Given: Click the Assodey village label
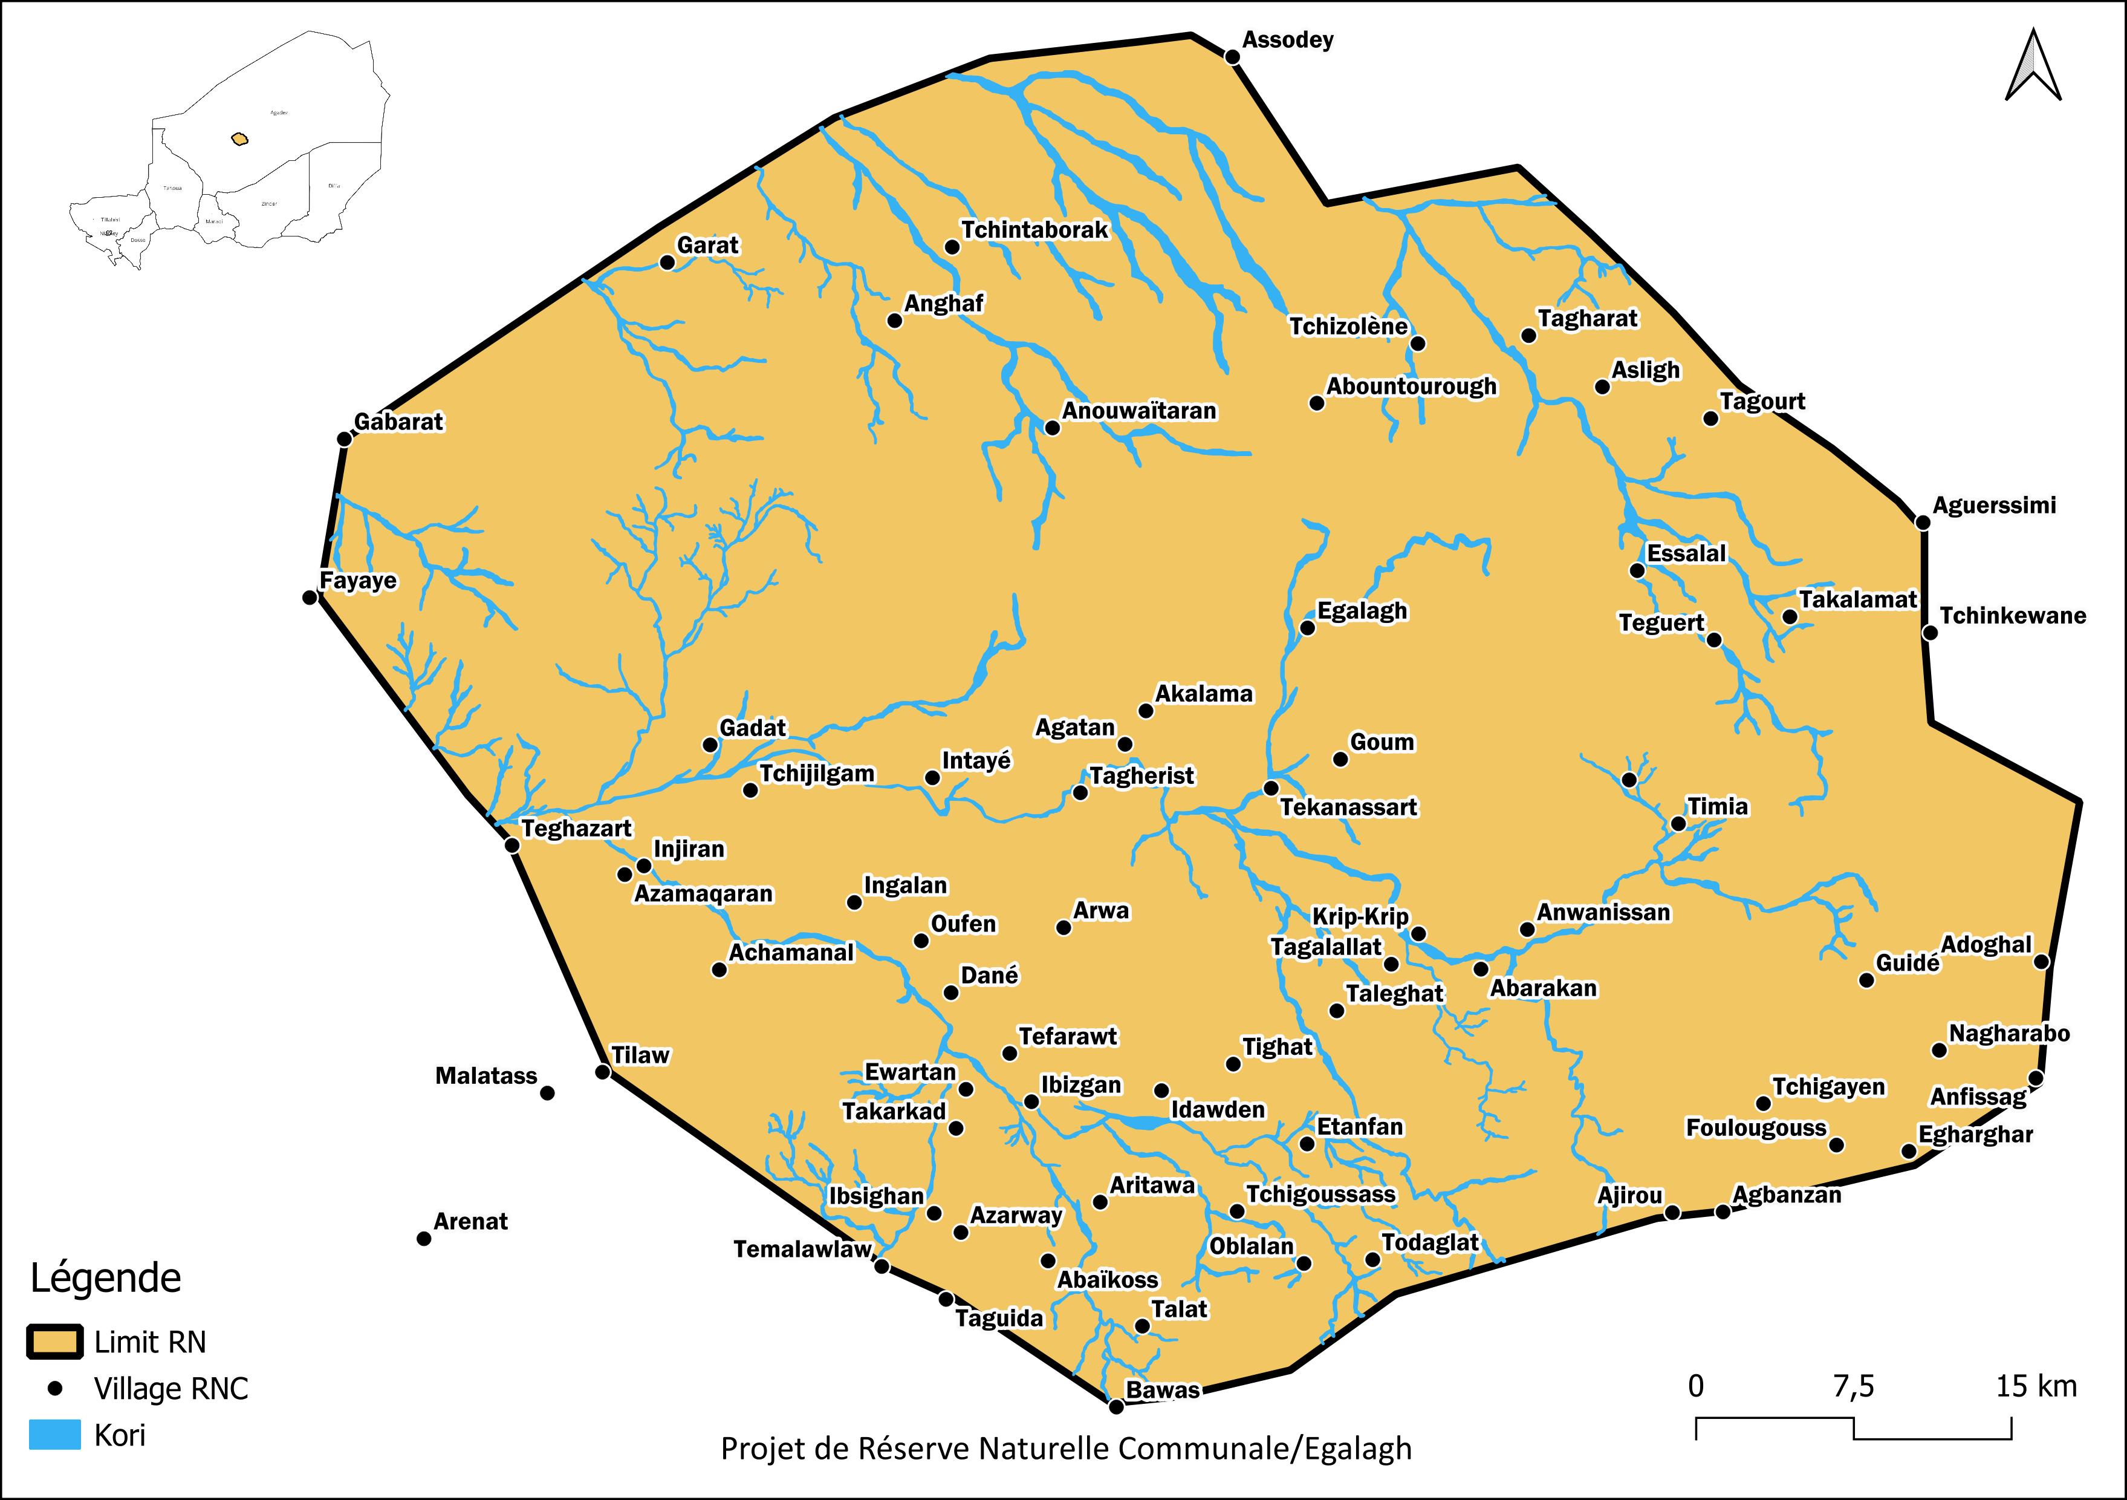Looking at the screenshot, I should (1288, 40).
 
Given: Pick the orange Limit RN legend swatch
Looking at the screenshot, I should (56, 1342).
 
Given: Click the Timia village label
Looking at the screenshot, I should (1718, 806).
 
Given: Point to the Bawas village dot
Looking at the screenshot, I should (1116, 1406).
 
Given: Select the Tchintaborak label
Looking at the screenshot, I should (1034, 230).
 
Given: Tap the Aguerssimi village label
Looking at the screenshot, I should (1993, 505).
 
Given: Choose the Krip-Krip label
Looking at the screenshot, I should (1360, 916).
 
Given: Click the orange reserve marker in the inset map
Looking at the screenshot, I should (240, 139).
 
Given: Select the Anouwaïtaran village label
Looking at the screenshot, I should (1138, 411).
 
